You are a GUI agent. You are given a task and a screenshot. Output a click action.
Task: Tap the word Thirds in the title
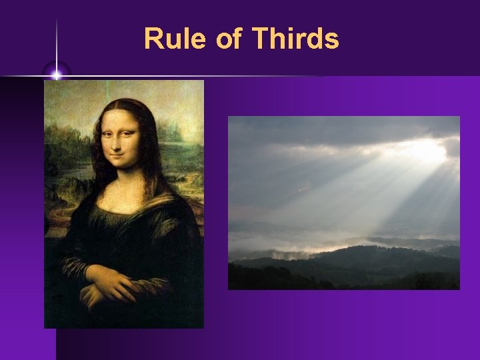[x=295, y=39]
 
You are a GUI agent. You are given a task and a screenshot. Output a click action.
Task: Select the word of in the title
[x=229, y=39]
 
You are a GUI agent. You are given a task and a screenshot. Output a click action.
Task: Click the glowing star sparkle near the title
[x=57, y=73]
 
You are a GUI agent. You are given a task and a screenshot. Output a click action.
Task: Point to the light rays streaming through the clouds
[x=373, y=187]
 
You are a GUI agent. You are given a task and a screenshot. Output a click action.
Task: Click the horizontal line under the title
[x=200, y=77]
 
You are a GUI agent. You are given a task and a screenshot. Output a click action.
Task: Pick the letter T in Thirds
[x=259, y=39]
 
